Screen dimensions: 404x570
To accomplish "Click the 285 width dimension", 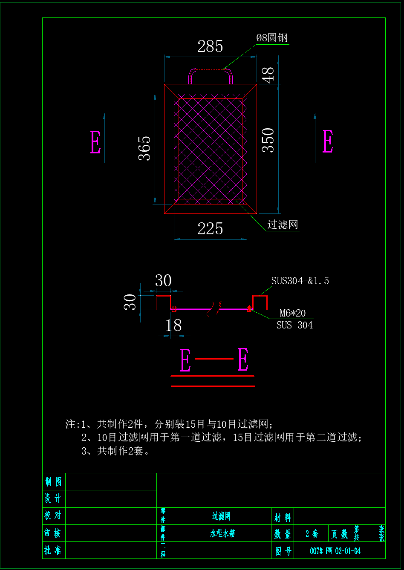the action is click(210, 46).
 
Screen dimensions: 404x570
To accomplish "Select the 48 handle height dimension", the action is click(268, 75).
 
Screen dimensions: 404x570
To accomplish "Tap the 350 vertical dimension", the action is click(268, 140).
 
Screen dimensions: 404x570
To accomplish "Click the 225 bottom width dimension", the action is click(210, 229).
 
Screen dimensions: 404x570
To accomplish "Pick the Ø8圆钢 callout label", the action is click(272, 38).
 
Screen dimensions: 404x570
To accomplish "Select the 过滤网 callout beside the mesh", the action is click(282, 225).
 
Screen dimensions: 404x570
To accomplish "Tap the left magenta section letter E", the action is click(95, 142).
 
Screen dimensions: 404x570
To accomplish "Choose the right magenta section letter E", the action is click(328, 141).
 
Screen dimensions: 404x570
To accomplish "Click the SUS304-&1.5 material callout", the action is click(300, 281).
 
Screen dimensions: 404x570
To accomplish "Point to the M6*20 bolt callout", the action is click(292, 313).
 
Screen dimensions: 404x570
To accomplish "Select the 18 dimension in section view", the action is click(173, 325).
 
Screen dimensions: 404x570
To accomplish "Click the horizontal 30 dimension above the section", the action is click(163, 281).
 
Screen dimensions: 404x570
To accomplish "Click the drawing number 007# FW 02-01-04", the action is click(335, 551).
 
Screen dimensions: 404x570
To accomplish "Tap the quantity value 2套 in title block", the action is click(312, 533).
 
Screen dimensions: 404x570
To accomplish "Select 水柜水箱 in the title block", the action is click(222, 533).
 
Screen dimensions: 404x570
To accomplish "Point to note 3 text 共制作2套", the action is click(115, 451).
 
